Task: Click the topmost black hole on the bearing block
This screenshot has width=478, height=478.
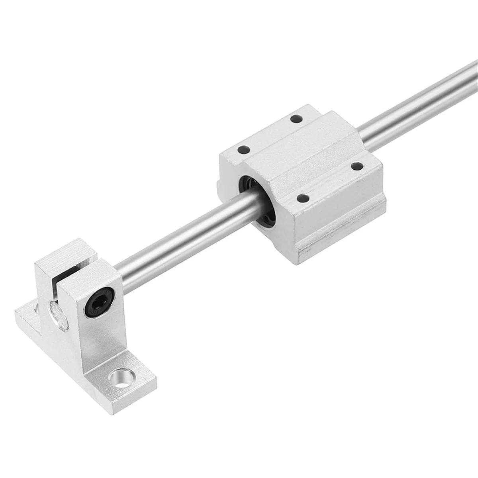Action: [295, 119]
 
